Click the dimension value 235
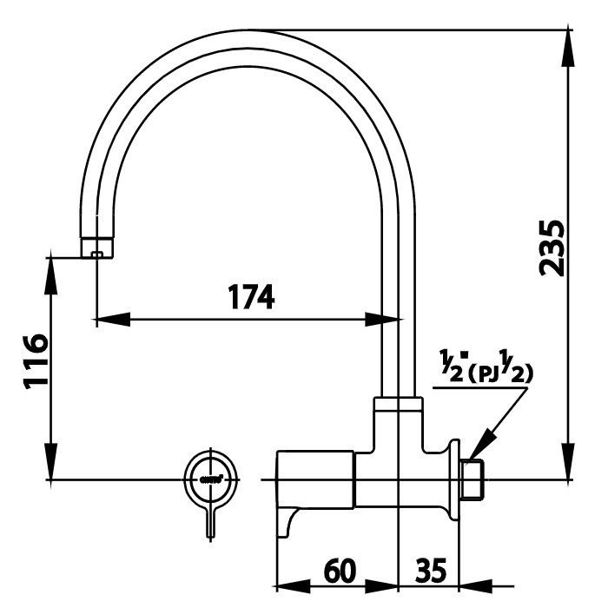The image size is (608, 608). (552, 248)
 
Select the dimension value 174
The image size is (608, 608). (250, 297)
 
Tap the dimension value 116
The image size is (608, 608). (36, 361)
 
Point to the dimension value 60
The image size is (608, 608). (340, 571)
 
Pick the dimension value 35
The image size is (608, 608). (431, 571)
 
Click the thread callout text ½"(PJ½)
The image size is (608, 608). (486, 367)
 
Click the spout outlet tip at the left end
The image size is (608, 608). (96, 248)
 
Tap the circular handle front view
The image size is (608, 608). (211, 479)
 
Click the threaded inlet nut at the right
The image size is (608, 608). (472, 479)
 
